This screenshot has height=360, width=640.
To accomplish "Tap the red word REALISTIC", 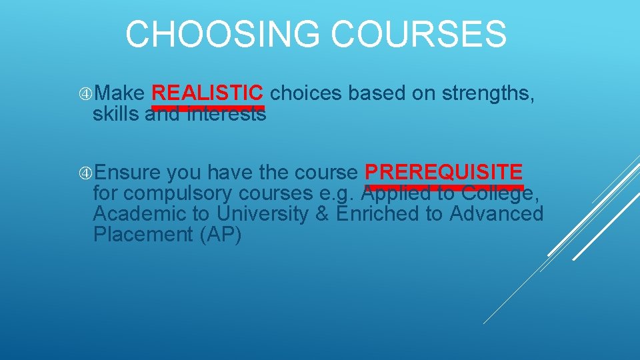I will click(x=208, y=93).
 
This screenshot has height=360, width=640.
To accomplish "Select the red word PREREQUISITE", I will click(x=444, y=173).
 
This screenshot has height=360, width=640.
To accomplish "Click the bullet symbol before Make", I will click(x=85, y=94).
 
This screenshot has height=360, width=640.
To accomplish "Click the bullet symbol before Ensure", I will click(x=85, y=173).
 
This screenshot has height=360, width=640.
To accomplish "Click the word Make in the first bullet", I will click(x=119, y=94).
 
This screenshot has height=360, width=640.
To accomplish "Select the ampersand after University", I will click(x=324, y=214).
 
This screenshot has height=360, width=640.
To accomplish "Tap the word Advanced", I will click(x=497, y=214).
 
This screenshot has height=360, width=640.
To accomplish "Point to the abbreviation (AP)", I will click(x=220, y=235).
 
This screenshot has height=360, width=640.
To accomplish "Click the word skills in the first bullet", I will click(x=116, y=114).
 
